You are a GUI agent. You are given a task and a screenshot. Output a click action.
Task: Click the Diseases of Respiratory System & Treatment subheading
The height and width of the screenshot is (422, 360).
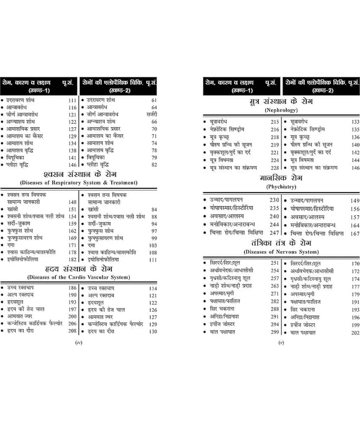coord(79,183)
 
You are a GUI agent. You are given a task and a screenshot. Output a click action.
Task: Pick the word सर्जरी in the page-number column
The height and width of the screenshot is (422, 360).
coord(152,114)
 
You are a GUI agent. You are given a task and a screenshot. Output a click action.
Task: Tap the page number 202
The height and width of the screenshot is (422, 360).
coord(355,332)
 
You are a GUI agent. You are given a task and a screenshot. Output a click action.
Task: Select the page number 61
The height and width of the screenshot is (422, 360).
coord(154,100)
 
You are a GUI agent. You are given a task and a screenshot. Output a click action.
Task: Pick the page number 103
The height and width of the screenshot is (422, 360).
coord(153,245)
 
